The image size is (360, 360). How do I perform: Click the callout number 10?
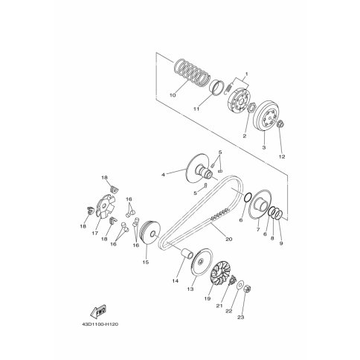point(173,95)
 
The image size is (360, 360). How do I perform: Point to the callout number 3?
point(262,149)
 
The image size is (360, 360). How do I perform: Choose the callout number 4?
point(164,175)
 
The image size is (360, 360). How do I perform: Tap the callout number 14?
point(177,281)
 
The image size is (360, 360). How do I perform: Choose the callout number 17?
point(94,232)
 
